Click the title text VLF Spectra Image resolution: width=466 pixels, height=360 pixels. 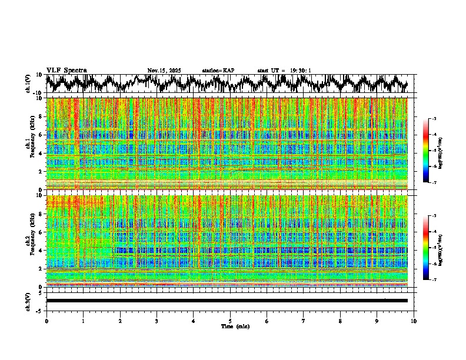click(x=66, y=70)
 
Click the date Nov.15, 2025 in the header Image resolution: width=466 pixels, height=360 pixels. click(x=164, y=71)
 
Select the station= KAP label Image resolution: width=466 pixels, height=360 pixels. click(x=218, y=71)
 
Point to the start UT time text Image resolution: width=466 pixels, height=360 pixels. click(x=284, y=71)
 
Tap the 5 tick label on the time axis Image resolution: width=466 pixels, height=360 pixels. click(x=230, y=321)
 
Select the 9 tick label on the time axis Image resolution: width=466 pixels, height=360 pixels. click(x=377, y=321)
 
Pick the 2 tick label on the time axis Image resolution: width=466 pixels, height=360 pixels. click(x=120, y=321)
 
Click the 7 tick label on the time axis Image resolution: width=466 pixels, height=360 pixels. click(x=304, y=321)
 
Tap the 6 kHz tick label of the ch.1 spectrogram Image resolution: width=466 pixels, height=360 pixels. click(x=41, y=135)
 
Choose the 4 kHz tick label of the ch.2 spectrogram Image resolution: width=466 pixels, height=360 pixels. click(x=41, y=250)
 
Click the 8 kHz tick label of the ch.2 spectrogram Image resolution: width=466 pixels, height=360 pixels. click(x=41, y=214)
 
